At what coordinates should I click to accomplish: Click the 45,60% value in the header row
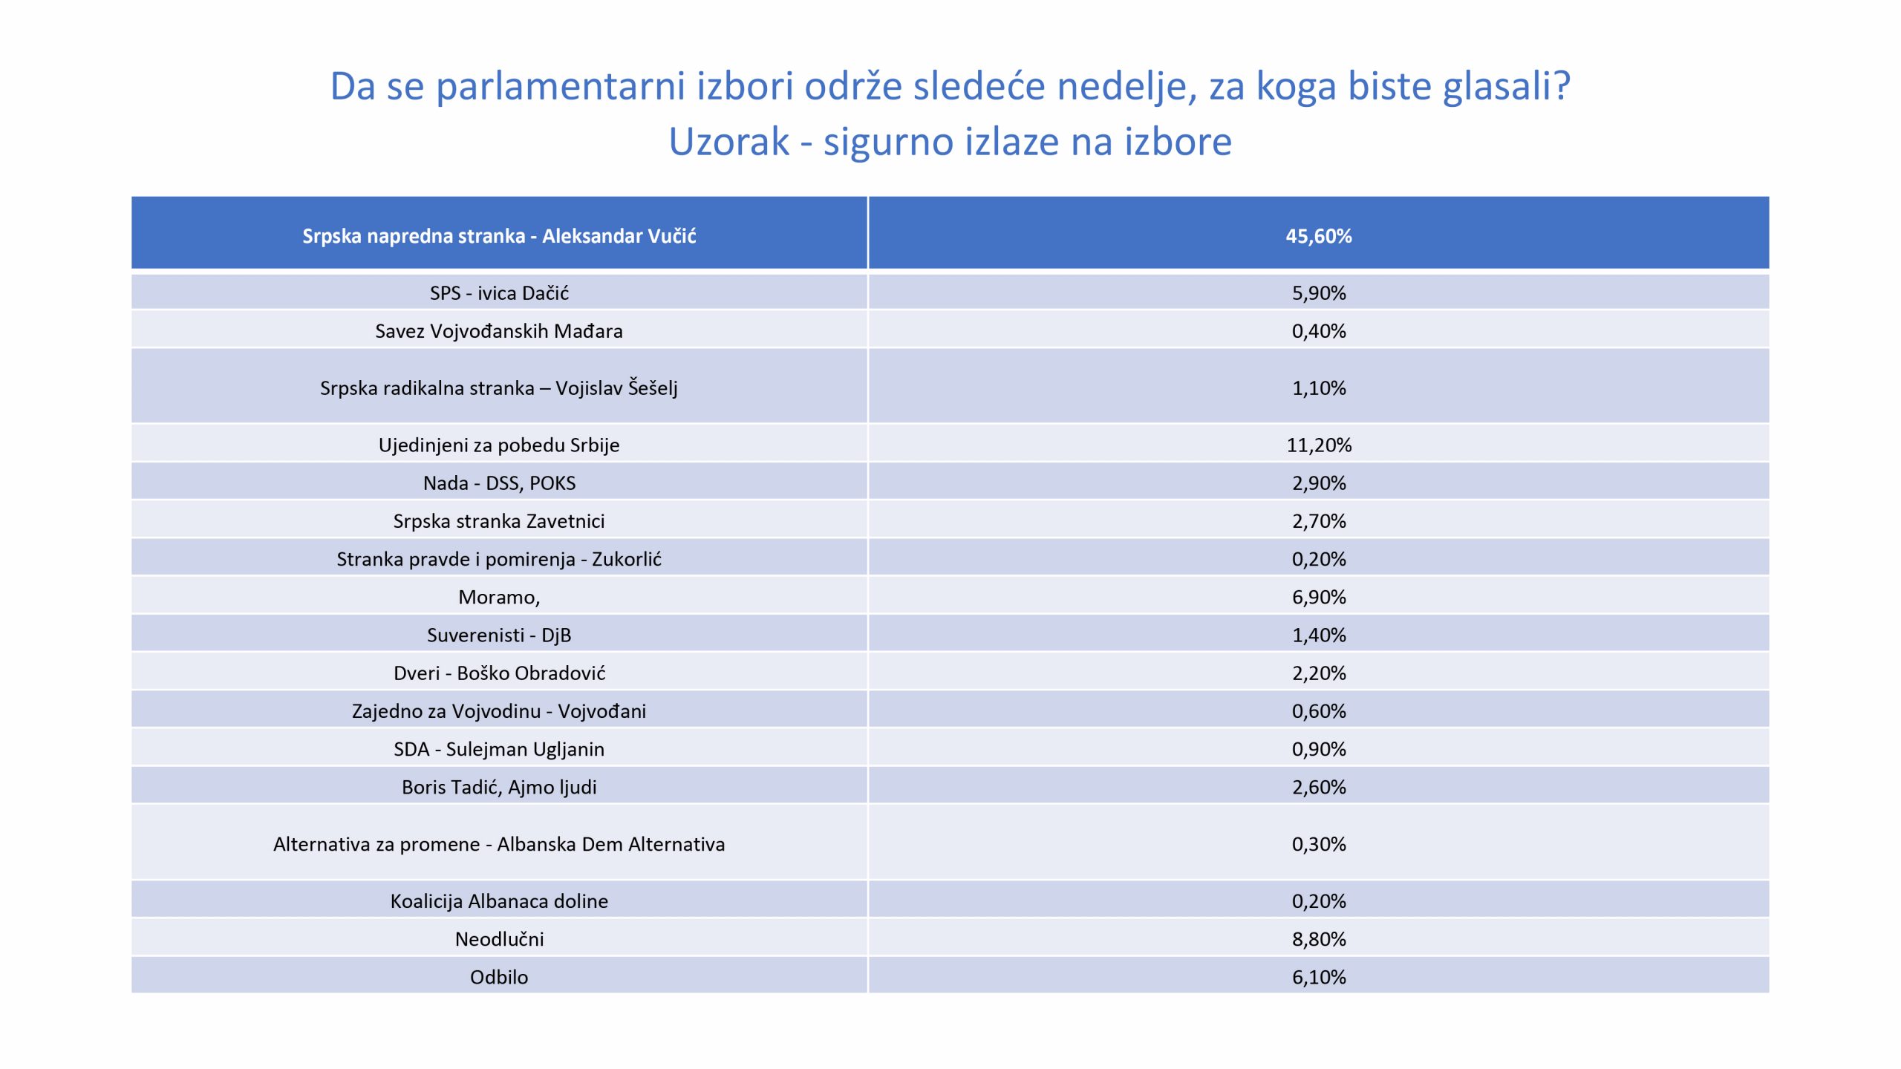tap(1318, 236)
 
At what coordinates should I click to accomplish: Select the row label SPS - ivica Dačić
tap(499, 293)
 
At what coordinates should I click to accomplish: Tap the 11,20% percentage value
tap(1318, 445)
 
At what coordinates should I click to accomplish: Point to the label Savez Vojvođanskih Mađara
tap(499, 331)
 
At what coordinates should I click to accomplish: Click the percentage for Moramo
tap(1318, 598)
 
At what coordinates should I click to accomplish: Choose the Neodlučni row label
tap(499, 940)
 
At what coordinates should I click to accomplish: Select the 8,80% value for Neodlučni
tap(1318, 940)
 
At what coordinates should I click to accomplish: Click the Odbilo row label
tap(499, 978)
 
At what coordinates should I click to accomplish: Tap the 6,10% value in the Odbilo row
tap(1318, 978)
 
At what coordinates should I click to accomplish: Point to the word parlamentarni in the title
tap(560, 87)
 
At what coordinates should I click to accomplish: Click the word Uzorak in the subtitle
tap(728, 142)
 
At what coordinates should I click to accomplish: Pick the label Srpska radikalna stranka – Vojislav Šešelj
tap(499, 388)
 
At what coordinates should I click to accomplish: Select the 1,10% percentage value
tap(1318, 388)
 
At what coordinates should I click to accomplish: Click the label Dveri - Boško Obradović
tap(499, 673)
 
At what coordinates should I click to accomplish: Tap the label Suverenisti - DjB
tap(499, 635)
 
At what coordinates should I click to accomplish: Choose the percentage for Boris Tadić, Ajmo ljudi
tap(1318, 788)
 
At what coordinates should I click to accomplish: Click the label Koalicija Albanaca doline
tap(499, 901)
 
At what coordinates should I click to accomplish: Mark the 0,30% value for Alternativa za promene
tap(1318, 845)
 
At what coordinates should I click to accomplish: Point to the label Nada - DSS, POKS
tap(499, 483)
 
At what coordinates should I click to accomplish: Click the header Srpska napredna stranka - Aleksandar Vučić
tap(499, 236)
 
